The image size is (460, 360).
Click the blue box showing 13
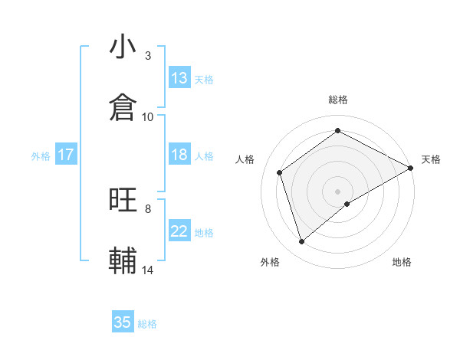coord(179,78)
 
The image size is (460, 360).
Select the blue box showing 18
coord(179,155)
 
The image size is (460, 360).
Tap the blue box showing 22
coord(179,231)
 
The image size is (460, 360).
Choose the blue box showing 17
coord(66,155)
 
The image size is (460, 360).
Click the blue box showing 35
coord(123,322)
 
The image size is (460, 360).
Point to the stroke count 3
coord(148,56)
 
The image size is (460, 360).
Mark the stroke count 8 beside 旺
coord(148,208)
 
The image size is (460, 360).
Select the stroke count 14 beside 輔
coord(148,270)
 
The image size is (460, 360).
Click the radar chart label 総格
coord(338,100)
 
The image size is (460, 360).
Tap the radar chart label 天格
coord(431,159)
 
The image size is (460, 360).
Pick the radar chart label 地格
coord(402,262)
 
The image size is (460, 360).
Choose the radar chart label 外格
coord(270,262)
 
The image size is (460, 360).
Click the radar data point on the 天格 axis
coord(412,168)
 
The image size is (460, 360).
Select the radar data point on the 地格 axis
coord(347,204)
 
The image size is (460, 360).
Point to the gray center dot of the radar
coord(338,191)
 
